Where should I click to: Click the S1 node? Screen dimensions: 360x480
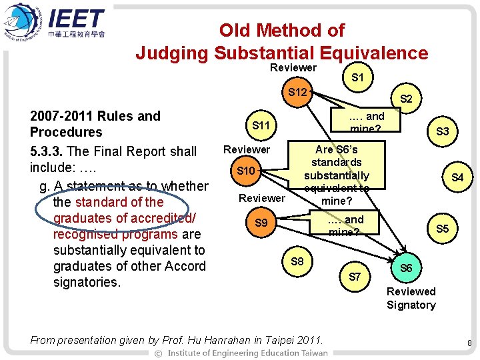[357, 77]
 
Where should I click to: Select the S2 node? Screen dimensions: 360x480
[405, 99]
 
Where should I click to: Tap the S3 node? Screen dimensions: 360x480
[442, 132]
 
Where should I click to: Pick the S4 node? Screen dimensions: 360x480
[457, 177]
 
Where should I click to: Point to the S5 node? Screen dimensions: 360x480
[442, 229]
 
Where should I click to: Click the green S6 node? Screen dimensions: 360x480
[405, 267]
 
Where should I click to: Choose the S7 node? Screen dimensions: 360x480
[355, 276]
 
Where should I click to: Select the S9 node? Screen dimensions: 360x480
[261, 223]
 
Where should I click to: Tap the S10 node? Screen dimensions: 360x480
[246, 171]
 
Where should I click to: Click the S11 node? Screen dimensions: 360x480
[261, 125]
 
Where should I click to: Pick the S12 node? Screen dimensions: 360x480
[297, 91]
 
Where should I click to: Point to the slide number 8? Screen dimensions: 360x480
[469, 343]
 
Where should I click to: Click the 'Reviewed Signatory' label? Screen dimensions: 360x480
[411, 298]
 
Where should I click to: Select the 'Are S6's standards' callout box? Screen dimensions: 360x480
[337, 175]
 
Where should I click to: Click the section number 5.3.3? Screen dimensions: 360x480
[47, 151]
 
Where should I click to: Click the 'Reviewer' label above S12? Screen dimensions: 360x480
[293, 67]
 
